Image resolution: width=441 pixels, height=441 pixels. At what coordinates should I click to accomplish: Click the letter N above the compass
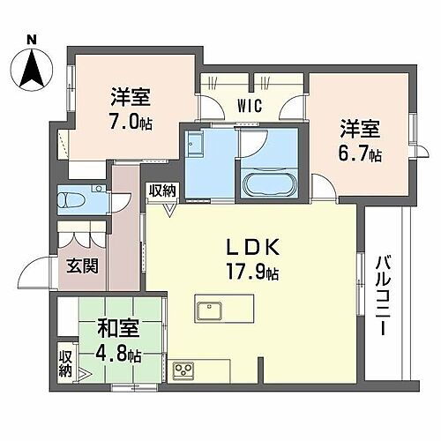coord(31,39)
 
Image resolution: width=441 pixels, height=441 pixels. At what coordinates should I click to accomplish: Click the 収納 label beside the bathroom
coord(161,190)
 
